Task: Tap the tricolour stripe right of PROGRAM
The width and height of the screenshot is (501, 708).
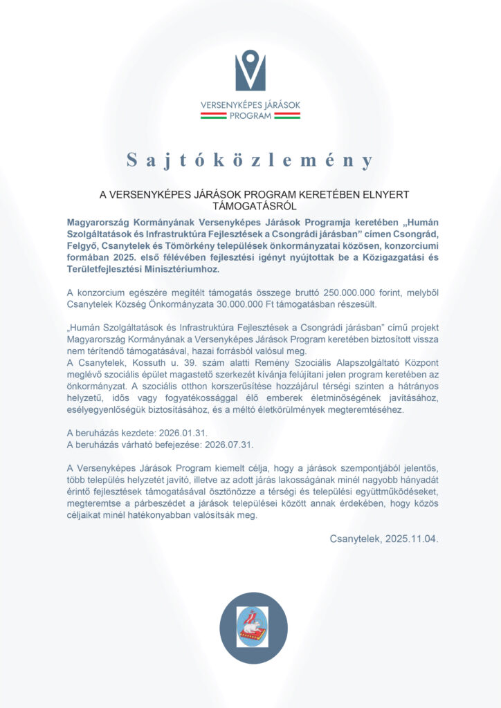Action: click(x=287, y=116)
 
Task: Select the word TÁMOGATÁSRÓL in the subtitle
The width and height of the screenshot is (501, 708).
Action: click(x=250, y=205)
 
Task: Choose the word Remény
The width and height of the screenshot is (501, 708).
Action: click(x=267, y=362)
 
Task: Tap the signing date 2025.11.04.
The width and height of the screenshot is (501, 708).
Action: click(x=412, y=538)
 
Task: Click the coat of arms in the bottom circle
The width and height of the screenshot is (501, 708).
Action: click(x=252, y=626)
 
